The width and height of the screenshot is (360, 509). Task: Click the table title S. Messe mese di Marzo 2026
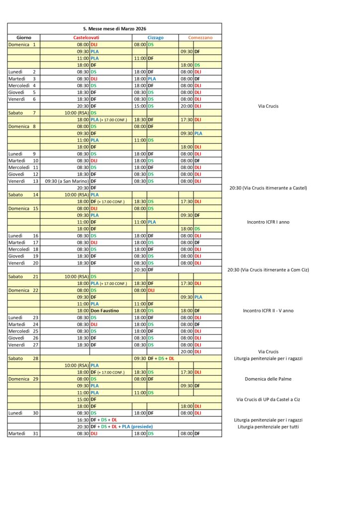coord(114,29)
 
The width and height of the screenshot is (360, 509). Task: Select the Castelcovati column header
coord(86,37)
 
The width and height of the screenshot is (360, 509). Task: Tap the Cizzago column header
coord(155,37)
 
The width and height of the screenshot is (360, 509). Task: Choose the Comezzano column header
coord(200,37)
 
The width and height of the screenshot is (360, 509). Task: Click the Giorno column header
coord(24,37)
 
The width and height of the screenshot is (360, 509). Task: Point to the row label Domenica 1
coord(22,44)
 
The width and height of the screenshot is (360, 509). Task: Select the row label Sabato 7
coord(22,113)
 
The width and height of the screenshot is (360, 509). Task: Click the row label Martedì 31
coord(22,433)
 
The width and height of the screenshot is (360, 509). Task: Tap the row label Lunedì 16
coord(23,236)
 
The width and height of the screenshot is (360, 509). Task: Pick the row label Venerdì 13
coord(23,181)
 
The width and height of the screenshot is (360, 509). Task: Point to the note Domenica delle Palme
coord(268,379)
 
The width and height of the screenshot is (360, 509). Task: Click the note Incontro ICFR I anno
coord(268,222)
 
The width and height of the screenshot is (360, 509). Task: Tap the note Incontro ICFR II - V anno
coord(268,311)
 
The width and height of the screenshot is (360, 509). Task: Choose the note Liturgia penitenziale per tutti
coord(268,426)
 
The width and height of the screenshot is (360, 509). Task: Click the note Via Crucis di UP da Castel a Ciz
coord(268,399)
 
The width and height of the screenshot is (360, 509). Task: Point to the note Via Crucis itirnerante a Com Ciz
coord(268,270)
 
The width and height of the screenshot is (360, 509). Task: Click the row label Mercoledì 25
coord(23,331)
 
